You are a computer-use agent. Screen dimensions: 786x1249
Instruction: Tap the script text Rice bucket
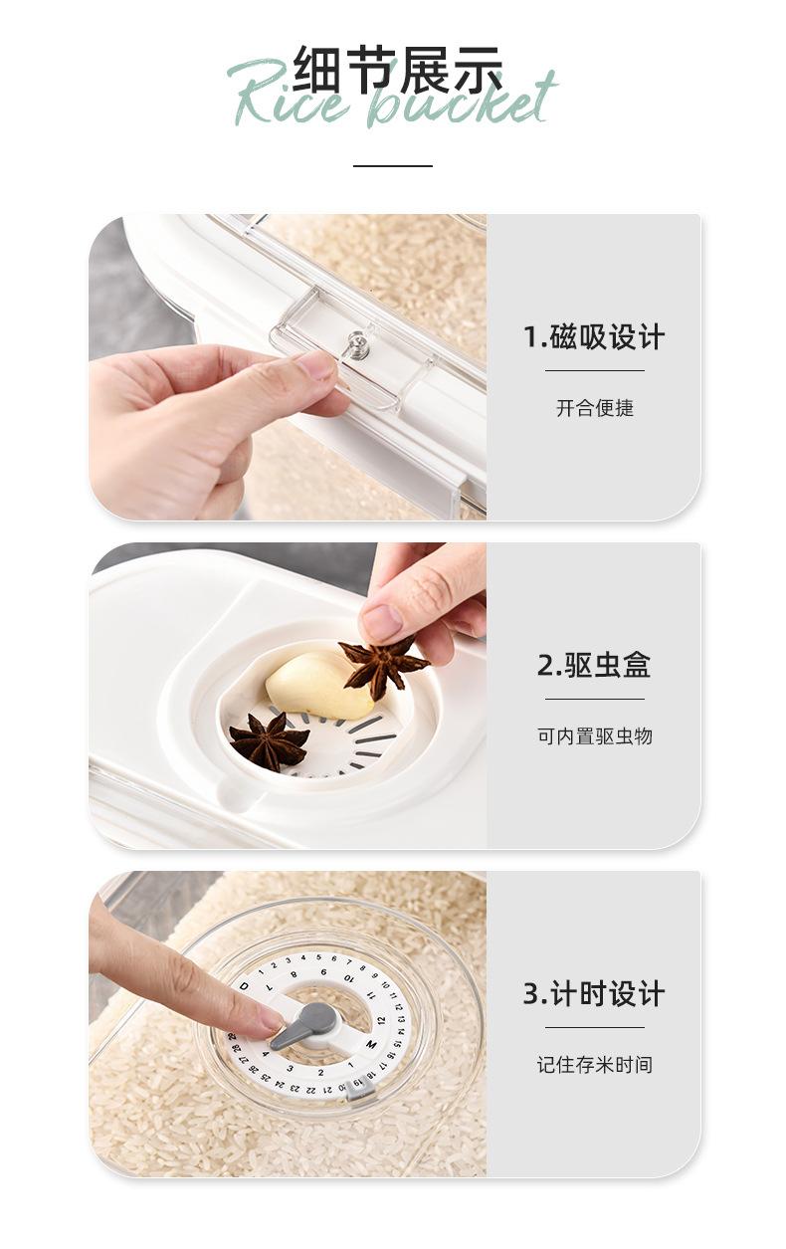point(392,96)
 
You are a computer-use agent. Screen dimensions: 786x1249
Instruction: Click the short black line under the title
point(393,165)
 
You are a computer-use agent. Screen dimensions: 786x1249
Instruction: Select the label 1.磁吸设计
point(594,337)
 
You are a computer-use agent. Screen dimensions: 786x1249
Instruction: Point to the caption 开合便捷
point(595,408)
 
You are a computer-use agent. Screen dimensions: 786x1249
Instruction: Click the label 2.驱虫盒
point(594,665)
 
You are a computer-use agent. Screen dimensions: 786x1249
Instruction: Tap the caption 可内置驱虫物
point(595,736)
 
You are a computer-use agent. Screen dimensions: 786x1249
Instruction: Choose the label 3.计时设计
point(594,993)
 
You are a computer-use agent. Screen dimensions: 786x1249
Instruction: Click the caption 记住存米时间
point(595,1065)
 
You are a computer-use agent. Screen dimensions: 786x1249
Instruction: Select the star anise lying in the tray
point(270,742)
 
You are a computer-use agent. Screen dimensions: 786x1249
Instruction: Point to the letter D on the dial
point(244,986)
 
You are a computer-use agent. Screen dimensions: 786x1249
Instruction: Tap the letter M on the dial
point(371,1044)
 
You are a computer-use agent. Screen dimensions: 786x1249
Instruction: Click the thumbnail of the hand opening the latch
point(288,367)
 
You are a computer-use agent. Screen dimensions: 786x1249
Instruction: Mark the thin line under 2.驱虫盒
point(595,699)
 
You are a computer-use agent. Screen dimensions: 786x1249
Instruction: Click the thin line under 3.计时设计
point(595,1027)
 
